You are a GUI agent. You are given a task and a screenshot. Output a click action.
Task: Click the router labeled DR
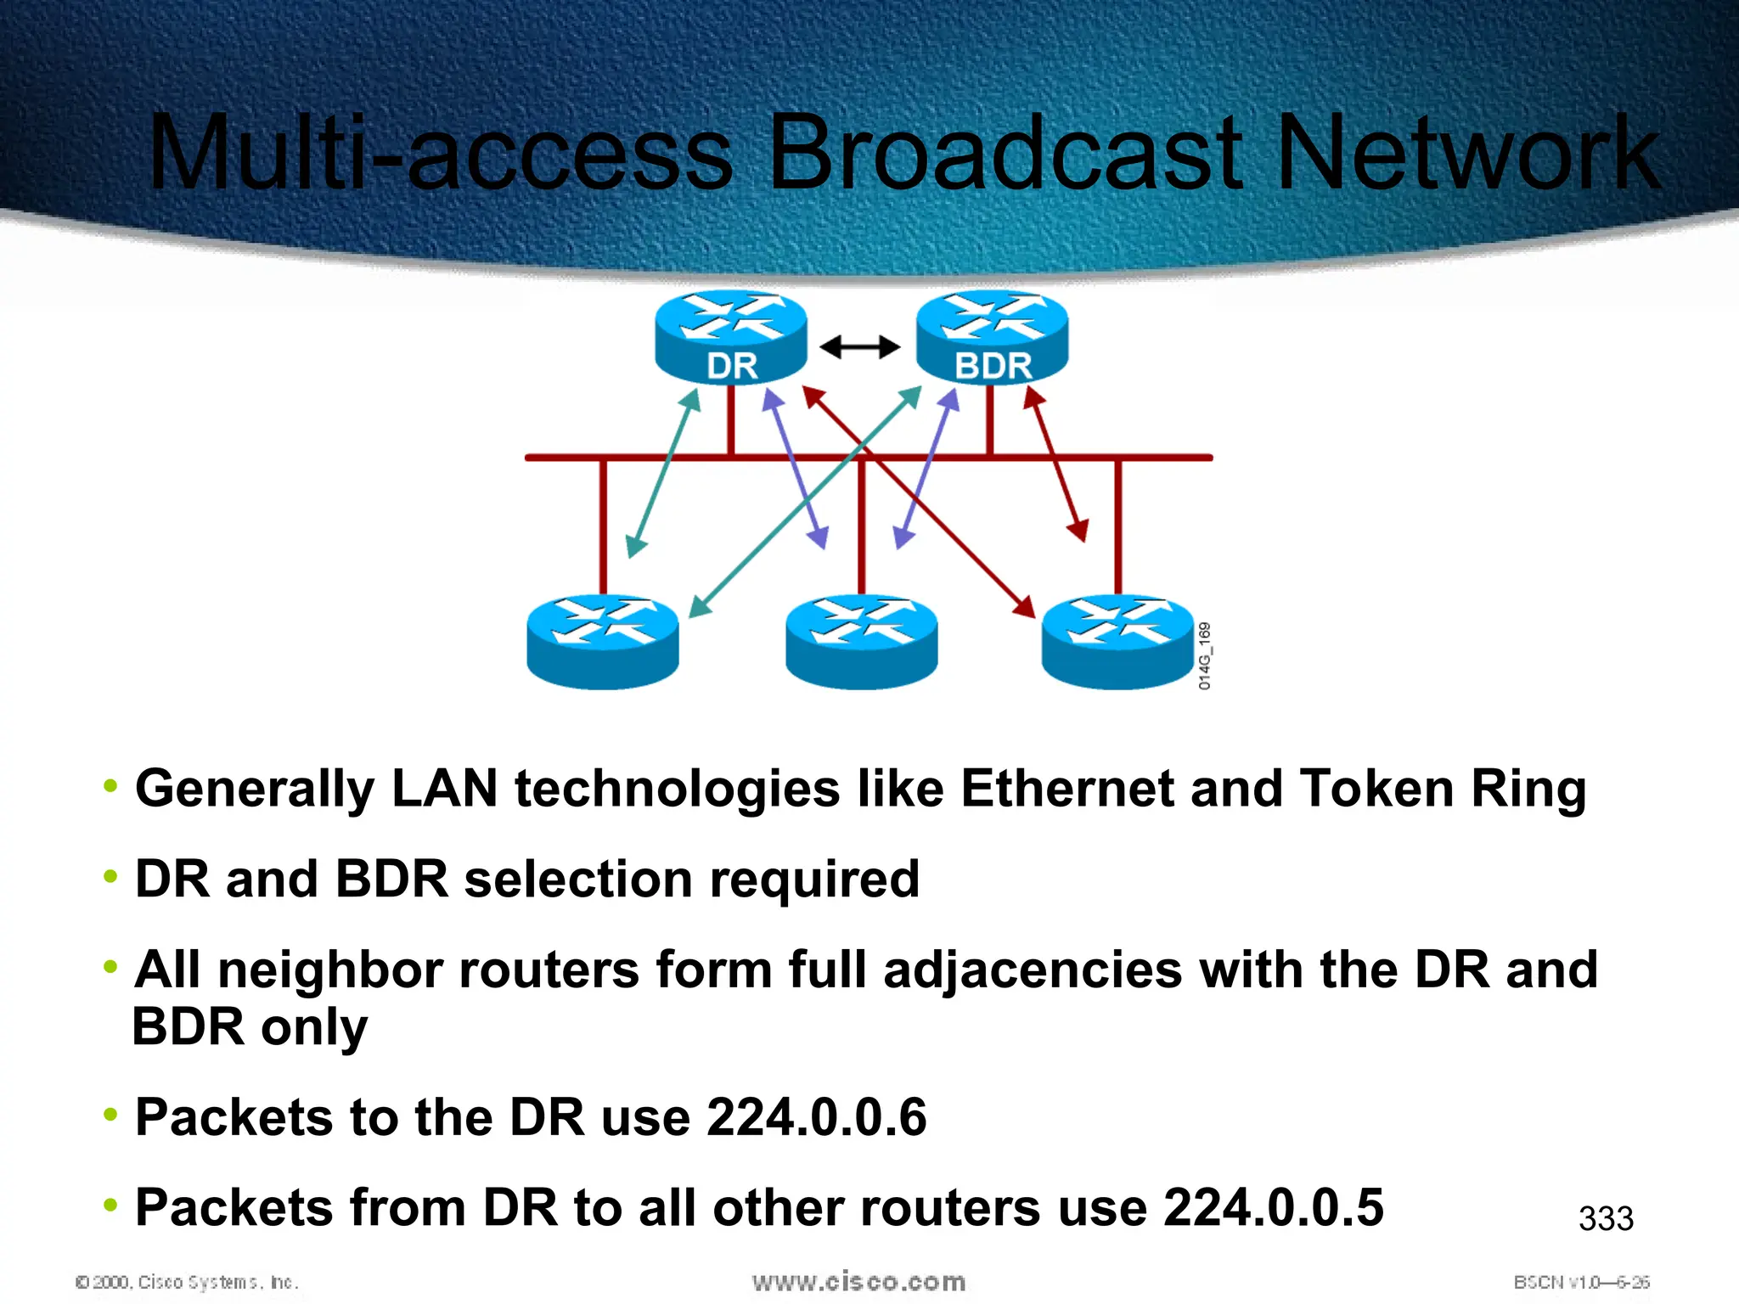(731, 337)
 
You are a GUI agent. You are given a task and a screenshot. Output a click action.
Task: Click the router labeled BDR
(992, 337)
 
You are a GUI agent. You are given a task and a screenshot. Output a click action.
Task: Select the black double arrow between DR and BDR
(859, 346)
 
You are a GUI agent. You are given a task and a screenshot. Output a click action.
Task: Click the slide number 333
(1606, 1219)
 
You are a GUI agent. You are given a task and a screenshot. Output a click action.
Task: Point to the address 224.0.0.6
(816, 1117)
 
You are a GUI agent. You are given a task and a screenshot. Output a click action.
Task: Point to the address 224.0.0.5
(1273, 1207)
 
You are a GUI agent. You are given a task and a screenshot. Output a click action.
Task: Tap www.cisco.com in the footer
(858, 1281)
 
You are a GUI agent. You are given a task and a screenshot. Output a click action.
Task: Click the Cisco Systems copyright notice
(187, 1282)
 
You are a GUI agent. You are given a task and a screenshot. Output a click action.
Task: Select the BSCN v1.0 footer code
(1581, 1282)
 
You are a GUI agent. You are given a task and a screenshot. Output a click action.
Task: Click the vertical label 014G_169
(1205, 655)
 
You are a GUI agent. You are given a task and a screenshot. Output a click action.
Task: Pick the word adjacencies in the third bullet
(1033, 970)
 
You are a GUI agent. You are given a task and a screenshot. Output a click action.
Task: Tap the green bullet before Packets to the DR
(110, 1115)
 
